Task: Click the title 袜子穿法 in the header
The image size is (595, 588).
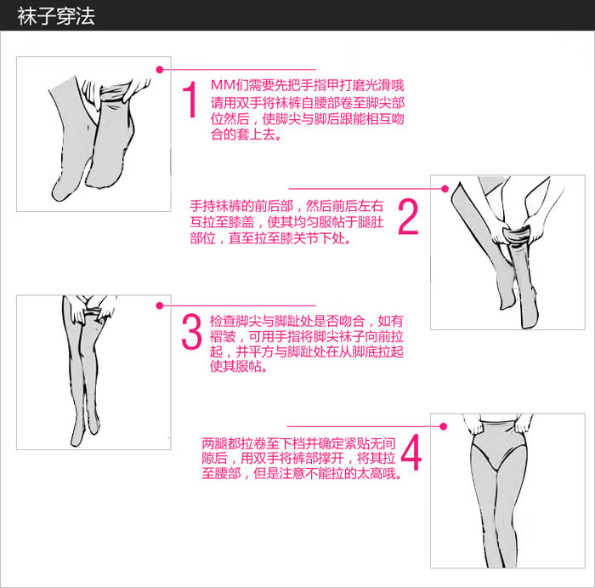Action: point(56,17)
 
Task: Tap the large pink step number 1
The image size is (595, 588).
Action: point(190,100)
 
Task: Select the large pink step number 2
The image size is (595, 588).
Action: point(408,216)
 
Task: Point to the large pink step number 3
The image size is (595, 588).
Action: point(191,331)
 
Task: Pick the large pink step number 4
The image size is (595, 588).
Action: point(411,453)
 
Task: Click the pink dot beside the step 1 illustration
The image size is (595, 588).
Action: point(160,70)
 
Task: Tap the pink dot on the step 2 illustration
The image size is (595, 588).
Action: point(445,189)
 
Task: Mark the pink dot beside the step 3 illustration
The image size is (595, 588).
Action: point(160,305)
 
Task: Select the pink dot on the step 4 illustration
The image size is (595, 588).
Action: point(443,426)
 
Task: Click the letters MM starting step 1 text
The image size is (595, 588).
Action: point(223,85)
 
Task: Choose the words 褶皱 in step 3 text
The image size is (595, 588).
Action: point(223,336)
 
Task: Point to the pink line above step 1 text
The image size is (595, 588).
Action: point(238,70)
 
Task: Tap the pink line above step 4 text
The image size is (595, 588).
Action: point(365,426)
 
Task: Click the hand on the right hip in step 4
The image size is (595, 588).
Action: point(524,423)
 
